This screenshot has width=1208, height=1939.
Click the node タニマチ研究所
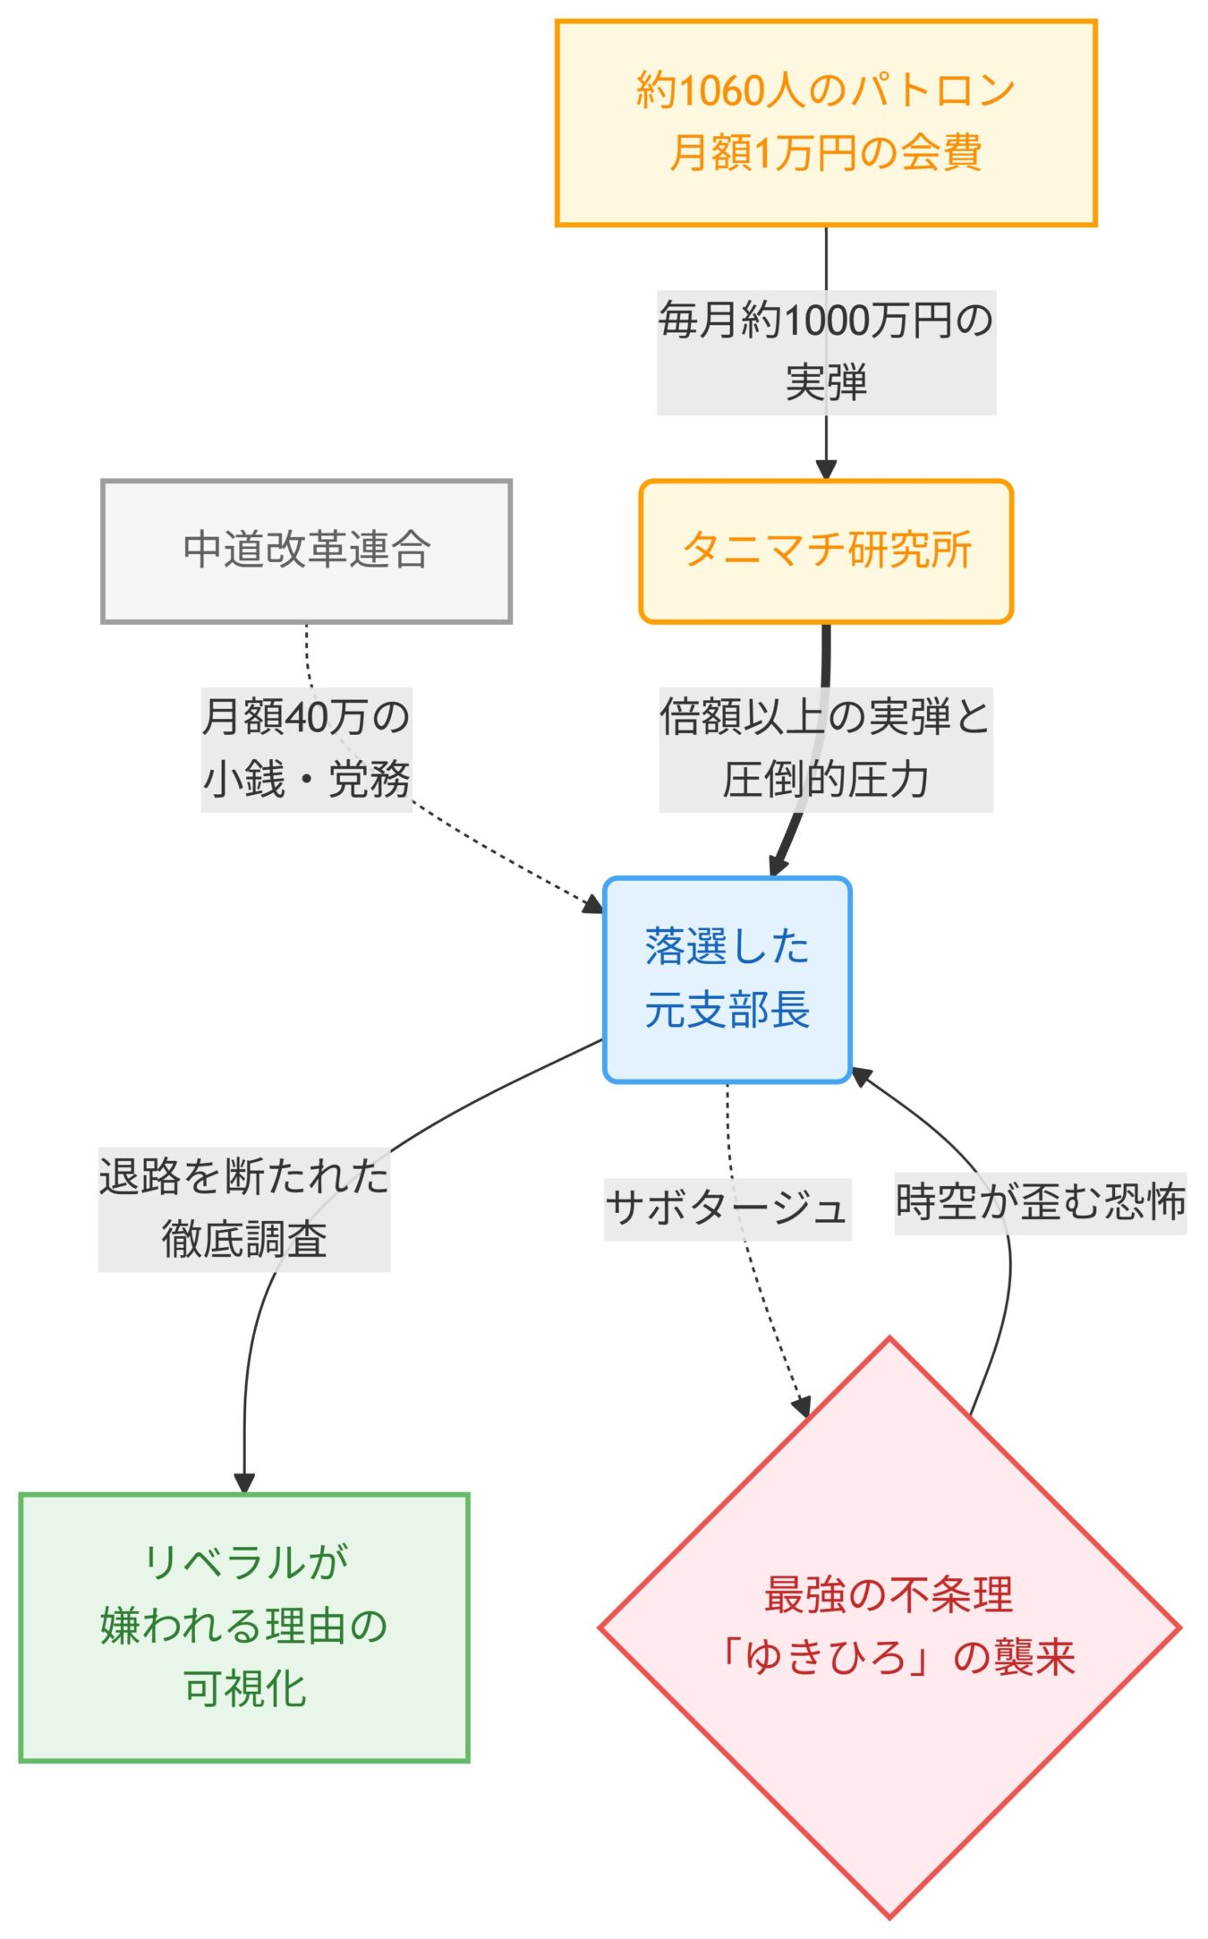tap(825, 551)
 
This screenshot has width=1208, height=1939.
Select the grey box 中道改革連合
tap(306, 551)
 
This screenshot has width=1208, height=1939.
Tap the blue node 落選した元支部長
tap(727, 978)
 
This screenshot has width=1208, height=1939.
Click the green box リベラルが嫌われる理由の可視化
tap(243, 1626)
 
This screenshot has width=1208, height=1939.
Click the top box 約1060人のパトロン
tap(825, 123)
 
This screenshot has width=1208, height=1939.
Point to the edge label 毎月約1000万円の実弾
tap(825, 352)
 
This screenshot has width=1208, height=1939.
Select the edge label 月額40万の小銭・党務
tap(306, 748)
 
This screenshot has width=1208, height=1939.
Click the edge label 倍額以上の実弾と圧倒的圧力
tap(825, 748)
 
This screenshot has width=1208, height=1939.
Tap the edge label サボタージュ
tap(727, 1209)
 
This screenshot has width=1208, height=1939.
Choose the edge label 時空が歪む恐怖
tap(1040, 1202)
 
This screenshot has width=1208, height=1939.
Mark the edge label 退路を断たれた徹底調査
tap(243, 1209)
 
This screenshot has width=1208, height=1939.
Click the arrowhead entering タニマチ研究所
tap(826, 469)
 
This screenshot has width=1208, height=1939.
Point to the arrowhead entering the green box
tap(244, 1482)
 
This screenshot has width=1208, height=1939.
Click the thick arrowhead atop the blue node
tap(777, 865)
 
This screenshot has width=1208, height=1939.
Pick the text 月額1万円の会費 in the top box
tap(825, 153)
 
